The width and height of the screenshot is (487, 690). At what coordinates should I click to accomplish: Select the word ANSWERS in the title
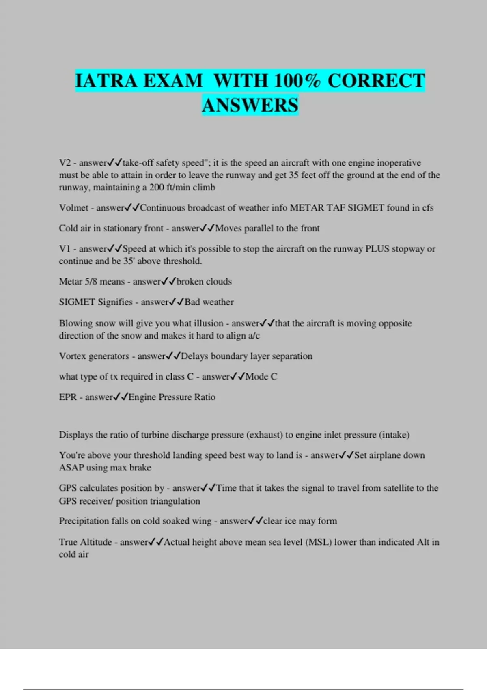(x=250, y=105)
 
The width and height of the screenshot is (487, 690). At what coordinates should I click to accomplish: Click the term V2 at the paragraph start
(x=65, y=163)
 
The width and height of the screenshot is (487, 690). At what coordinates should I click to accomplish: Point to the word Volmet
(x=73, y=208)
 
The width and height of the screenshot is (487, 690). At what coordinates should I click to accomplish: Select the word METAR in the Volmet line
(x=305, y=208)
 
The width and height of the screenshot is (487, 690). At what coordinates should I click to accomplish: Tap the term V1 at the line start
(x=65, y=249)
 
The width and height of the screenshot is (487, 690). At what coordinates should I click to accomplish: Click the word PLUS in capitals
(x=377, y=249)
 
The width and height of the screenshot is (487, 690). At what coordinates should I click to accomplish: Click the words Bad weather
(x=209, y=302)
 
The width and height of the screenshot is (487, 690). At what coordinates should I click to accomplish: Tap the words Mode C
(x=261, y=377)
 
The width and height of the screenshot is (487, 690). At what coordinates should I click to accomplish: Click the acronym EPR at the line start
(x=68, y=397)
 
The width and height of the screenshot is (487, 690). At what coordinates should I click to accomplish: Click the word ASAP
(x=71, y=468)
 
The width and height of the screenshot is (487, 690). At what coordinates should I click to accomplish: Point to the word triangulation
(x=175, y=501)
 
